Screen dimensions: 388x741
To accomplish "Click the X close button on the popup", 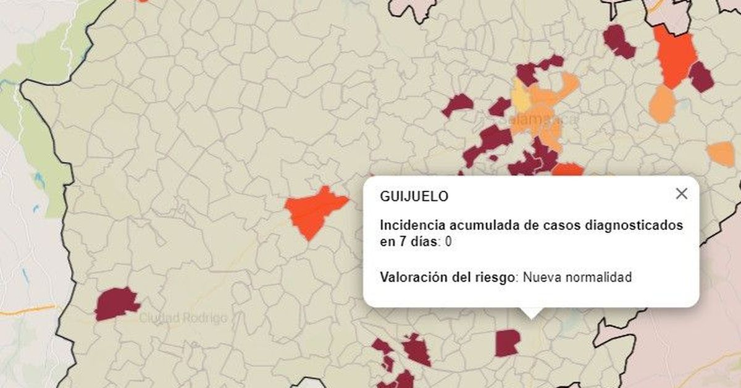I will pos(681,193).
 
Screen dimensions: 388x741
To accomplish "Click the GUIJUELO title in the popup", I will pos(414,196).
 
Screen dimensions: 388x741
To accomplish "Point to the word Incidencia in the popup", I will pos(411,226).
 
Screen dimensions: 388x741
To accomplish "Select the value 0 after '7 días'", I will pos(448,242).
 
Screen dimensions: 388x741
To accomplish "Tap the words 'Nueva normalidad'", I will pos(577,277).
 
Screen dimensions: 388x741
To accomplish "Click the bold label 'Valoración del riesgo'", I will pos(447,277).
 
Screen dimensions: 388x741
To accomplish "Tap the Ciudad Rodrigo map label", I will pos(183,318).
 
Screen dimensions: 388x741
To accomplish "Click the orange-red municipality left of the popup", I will pos(314,211).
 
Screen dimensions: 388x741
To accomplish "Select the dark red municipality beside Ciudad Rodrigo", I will pos(115,303).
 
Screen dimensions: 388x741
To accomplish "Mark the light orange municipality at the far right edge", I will pos(721,153).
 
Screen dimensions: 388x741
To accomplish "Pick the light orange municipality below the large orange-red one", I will pos(662,104).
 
